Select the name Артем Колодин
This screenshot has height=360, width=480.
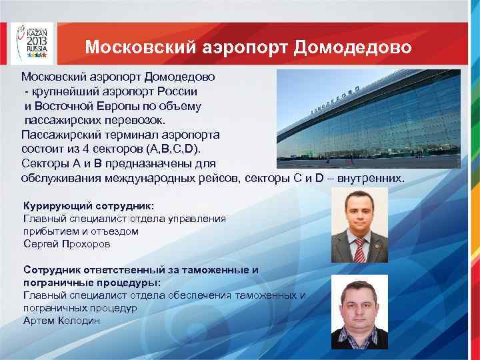62,321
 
